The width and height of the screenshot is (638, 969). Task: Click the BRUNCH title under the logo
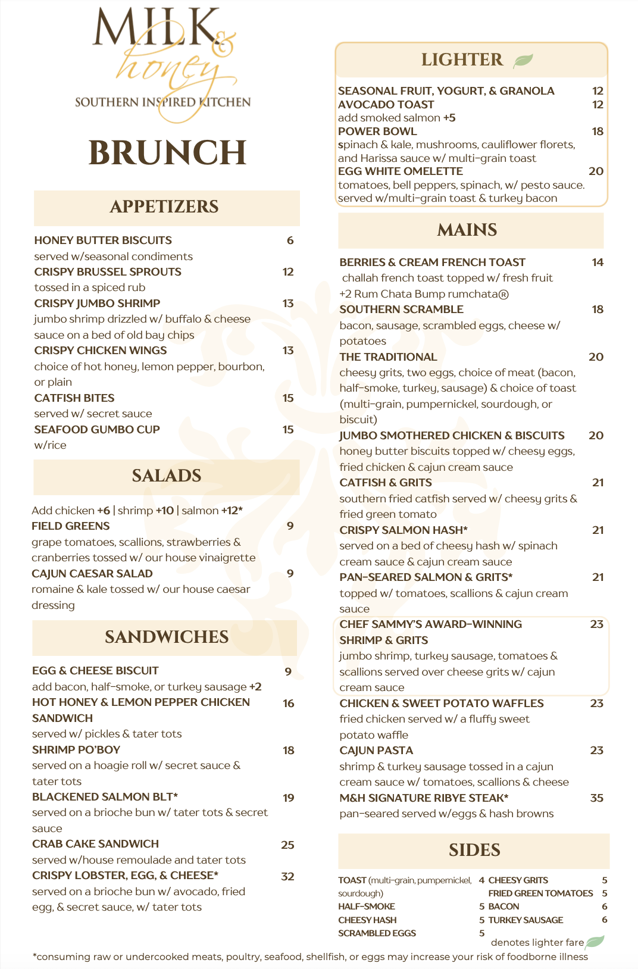(x=167, y=153)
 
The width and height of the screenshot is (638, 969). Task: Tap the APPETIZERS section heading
(x=164, y=207)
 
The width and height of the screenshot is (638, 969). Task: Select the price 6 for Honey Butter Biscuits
(x=290, y=240)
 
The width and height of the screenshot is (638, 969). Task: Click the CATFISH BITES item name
(x=74, y=398)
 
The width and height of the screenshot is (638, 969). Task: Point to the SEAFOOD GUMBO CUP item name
(x=97, y=430)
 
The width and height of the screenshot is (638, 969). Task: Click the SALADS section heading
(x=167, y=476)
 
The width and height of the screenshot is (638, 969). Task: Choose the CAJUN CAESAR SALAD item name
(x=92, y=574)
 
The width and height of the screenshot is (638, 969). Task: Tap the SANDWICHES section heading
(x=167, y=637)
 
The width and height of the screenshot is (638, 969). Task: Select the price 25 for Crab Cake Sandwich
(x=287, y=845)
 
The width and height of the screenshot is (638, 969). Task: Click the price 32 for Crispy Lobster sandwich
(x=287, y=877)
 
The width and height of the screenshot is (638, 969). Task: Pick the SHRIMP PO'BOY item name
(x=76, y=750)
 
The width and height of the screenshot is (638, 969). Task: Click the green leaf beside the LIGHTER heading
(x=523, y=60)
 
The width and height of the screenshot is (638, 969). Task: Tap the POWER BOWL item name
(x=377, y=132)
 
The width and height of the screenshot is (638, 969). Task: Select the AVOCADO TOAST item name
(x=386, y=105)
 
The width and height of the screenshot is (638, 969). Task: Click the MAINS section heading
(x=467, y=230)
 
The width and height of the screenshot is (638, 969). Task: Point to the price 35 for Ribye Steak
(x=596, y=798)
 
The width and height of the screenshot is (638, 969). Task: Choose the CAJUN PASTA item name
(x=376, y=751)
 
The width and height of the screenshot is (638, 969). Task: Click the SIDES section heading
(x=474, y=850)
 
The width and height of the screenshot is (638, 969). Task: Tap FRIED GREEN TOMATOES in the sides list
(x=540, y=893)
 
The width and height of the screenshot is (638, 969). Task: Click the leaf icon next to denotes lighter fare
(x=595, y=942)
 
